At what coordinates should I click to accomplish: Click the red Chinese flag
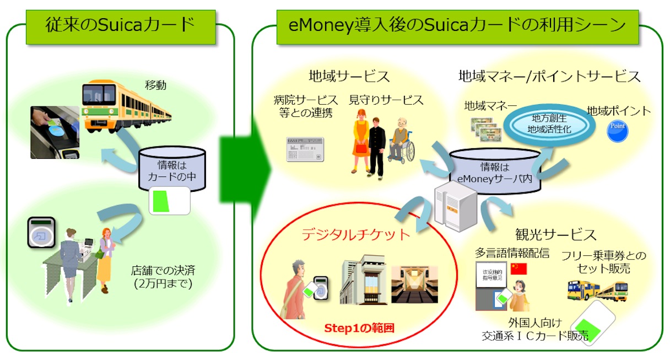519,268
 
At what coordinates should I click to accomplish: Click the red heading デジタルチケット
356,235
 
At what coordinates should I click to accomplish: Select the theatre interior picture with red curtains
414,283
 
